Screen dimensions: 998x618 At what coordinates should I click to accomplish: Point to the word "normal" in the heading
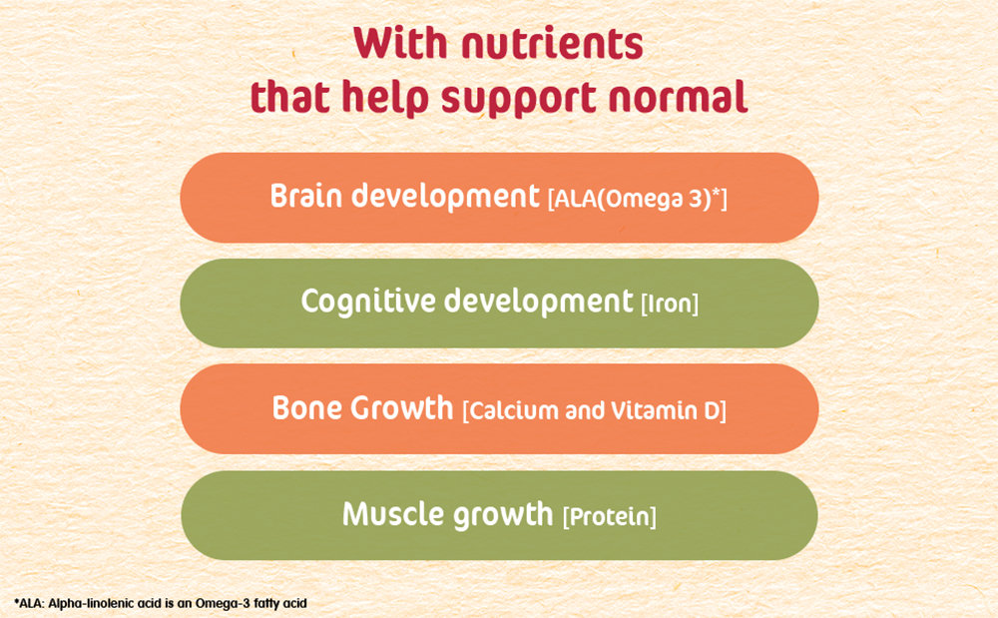[x=678, y=97]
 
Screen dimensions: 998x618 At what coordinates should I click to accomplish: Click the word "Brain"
[x=306, y=196]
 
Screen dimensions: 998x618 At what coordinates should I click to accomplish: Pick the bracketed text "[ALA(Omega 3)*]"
[x=637, y=199]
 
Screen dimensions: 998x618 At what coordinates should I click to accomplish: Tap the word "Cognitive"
[x=367, y=302]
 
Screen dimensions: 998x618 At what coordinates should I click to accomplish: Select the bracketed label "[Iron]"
[x=670, y=304]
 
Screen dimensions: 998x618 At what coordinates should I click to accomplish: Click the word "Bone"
[x=308, y=408]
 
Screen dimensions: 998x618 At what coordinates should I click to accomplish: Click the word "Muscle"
[x=393, y=514]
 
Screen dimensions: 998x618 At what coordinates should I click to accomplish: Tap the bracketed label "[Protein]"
[x=609, y=516]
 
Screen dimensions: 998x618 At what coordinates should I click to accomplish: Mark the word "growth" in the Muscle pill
[x=503, y=515]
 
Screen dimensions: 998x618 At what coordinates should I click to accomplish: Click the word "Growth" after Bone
[x=402, y=408]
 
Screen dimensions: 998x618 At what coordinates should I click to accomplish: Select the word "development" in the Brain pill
[x=445, y=196]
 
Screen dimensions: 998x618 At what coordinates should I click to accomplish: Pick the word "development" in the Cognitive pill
[x=538, y=302]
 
